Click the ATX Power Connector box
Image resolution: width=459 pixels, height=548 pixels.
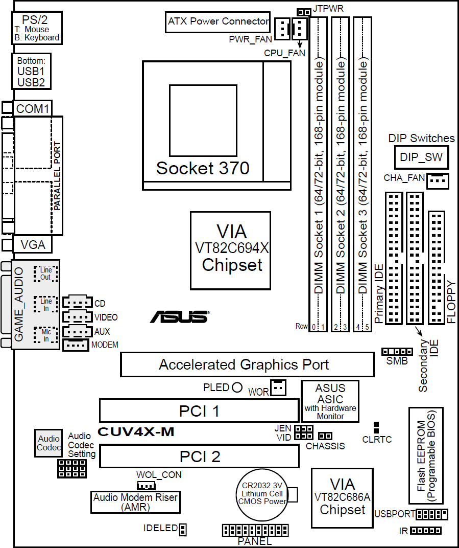click(218, 22)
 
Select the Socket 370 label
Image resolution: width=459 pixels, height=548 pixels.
click(203, 168)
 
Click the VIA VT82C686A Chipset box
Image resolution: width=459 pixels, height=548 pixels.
click(342, 497)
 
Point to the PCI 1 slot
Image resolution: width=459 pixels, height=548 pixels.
click(199, 410)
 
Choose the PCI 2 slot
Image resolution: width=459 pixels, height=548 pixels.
click(199, 456)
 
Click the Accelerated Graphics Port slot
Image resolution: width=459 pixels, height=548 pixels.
click(247, 364)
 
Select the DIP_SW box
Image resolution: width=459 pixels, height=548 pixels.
click(421, 158)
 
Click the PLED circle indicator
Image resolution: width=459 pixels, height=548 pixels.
click(237, 387)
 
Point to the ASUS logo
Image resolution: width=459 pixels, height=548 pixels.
click(179, 317)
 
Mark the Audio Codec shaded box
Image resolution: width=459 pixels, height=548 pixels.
click(49, 443)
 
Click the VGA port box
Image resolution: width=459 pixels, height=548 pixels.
click(33, 245)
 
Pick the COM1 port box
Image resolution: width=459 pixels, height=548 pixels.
click(33, 108)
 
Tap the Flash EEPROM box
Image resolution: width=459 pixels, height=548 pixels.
click(425, 455)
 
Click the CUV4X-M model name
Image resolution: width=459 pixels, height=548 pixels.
click(136, 432)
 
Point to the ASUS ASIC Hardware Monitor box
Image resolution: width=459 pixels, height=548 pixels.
click(330, 401)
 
